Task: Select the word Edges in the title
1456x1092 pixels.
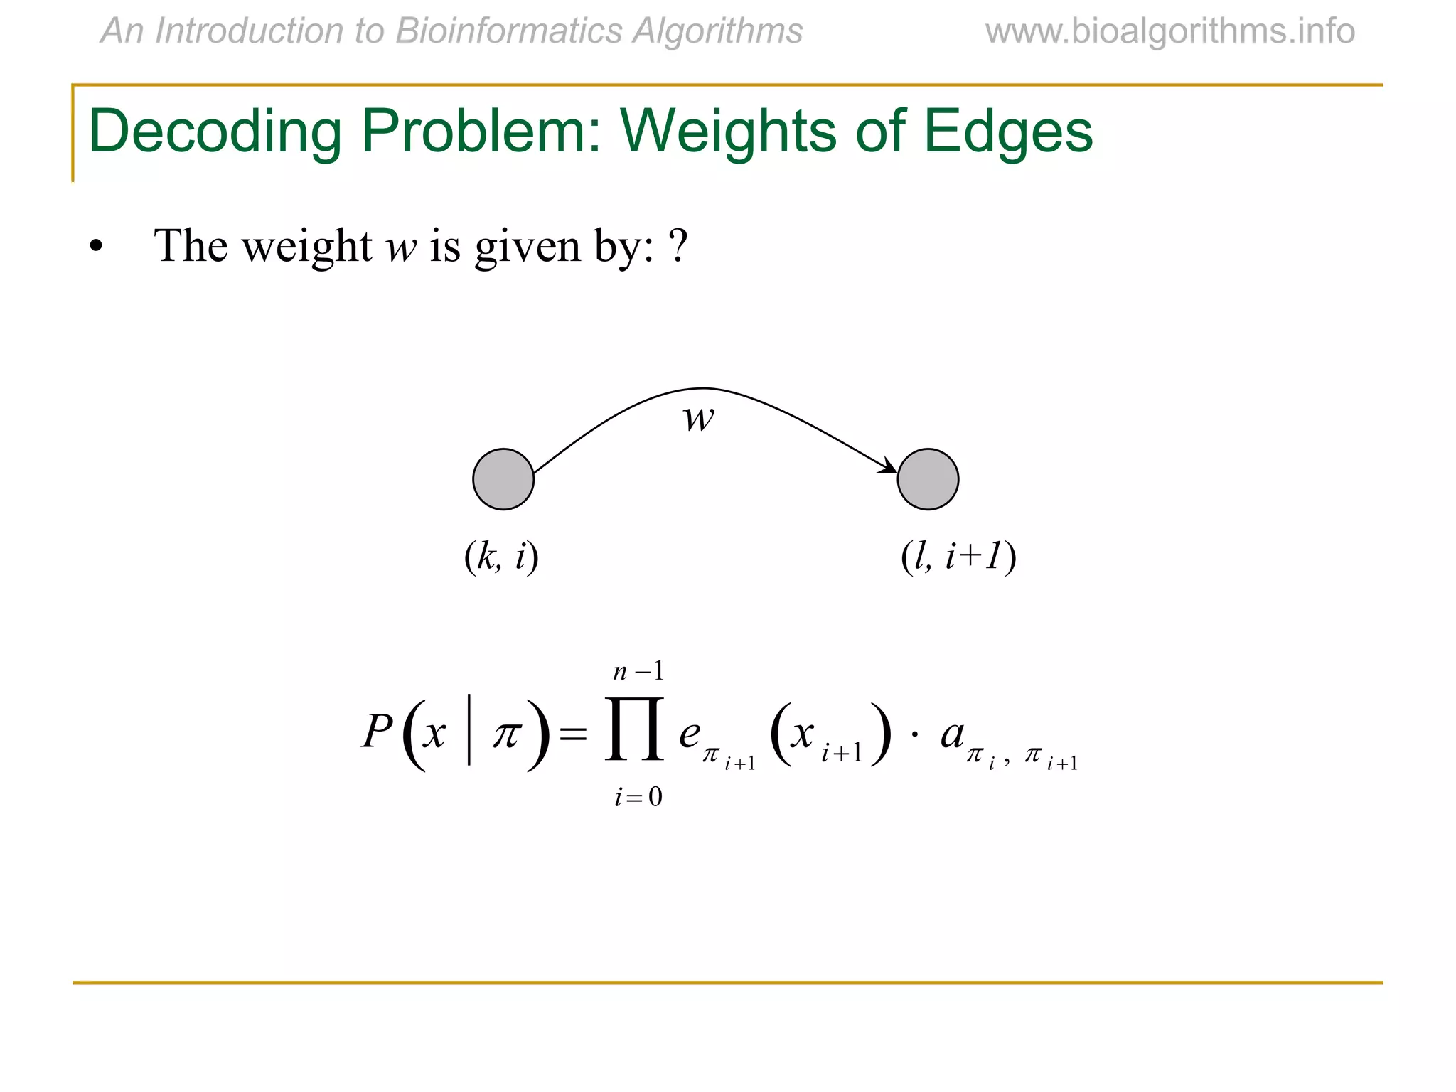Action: (1007, 132)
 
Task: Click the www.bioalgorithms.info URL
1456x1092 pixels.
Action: (1169, 31)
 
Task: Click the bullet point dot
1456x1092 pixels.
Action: (96, 247)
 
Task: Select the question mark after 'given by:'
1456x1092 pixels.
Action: (678, 246)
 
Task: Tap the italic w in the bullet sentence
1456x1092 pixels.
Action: (400, 247)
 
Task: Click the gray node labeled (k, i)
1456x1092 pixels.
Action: (503, 479)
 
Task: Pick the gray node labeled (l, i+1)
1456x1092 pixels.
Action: (928, 479)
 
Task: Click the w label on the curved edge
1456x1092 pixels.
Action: (698, 418)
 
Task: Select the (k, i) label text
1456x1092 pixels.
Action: (501, 556)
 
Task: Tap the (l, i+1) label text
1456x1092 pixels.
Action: (958, 556)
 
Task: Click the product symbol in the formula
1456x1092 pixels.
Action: (634, 730)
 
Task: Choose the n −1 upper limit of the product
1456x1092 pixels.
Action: (638, 671)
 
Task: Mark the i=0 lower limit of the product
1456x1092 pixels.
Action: (638, 797)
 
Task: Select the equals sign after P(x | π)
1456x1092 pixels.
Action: (573, 734)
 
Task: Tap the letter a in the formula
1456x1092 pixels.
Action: (952, 734)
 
